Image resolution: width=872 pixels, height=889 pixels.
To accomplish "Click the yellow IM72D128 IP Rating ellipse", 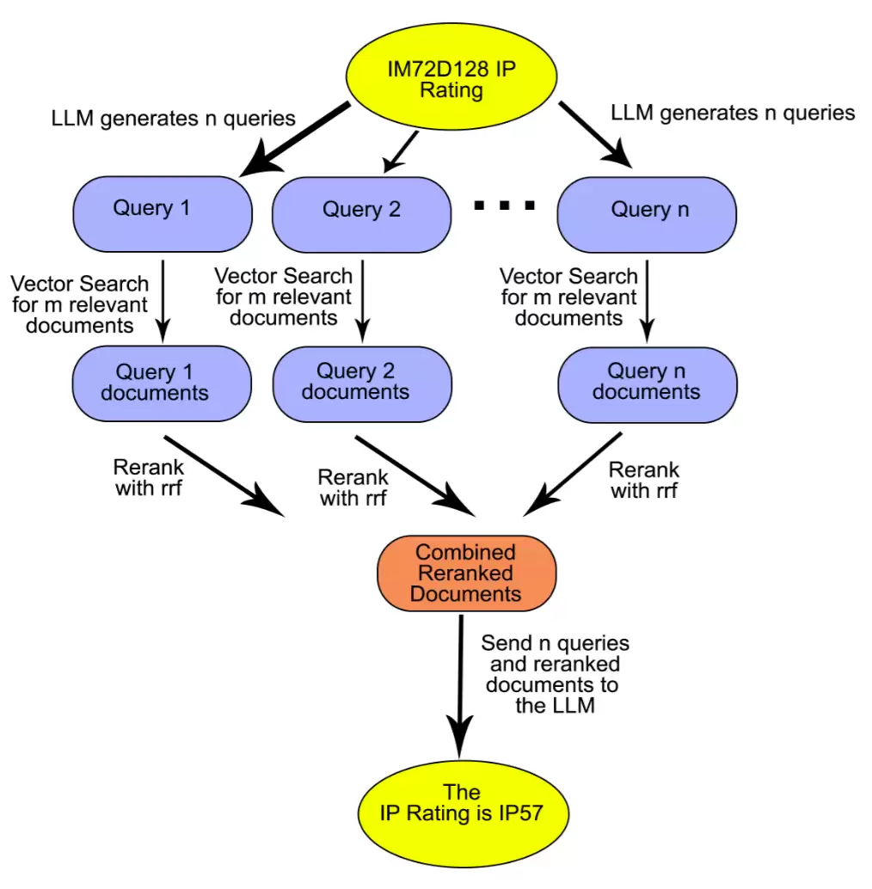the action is (451, 77).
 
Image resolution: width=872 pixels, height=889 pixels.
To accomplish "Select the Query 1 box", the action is (163, 214).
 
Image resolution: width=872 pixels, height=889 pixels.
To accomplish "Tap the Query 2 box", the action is (362, 214).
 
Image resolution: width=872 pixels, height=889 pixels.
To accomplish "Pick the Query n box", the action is (647, 214).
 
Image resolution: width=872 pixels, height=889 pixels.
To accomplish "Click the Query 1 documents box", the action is (163, 383).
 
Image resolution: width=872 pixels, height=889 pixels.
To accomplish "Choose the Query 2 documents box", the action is (362, 384).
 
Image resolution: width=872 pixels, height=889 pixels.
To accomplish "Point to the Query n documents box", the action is (648, 385).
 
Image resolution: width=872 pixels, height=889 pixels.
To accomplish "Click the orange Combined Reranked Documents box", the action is (467, 573).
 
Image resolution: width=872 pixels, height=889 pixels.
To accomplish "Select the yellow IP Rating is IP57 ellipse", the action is (464, 813).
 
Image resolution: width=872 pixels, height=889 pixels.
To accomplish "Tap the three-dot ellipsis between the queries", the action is (505, 205).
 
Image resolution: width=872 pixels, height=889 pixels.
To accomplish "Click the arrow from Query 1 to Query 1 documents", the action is (163, 302).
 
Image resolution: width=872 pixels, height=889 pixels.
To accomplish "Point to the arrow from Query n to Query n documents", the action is (647, 302).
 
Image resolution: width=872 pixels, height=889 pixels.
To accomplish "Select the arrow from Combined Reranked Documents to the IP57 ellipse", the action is (460, 687).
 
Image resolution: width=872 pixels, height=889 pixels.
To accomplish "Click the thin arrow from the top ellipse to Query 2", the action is (401, 152).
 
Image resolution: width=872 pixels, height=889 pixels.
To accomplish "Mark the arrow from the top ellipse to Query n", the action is (595, 135).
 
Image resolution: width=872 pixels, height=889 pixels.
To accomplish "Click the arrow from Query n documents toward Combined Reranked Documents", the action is (573, 475).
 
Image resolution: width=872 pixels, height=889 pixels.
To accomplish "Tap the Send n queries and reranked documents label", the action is (555, 674).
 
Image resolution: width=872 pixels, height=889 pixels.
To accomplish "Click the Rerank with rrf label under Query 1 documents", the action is (149, 477).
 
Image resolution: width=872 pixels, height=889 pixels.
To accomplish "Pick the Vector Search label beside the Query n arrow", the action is (568, 297).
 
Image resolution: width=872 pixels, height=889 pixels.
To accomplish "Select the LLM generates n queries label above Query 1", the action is (173, 119).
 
